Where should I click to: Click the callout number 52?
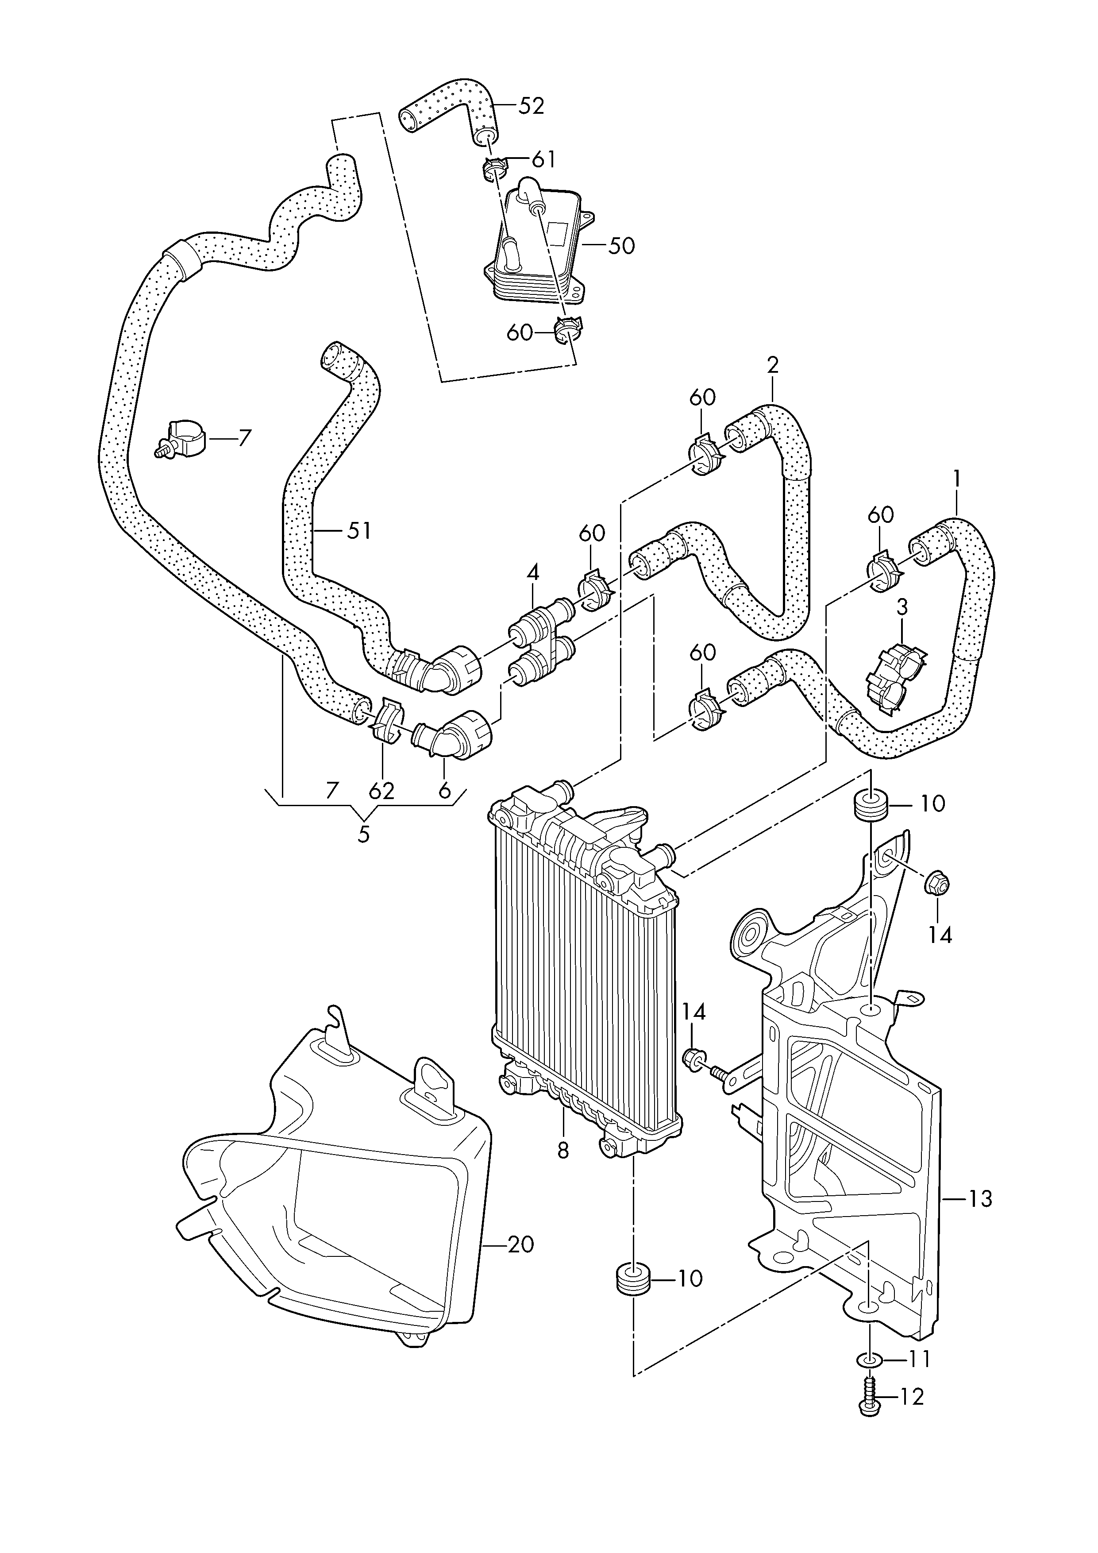pyautogui.click(x=532, y=106)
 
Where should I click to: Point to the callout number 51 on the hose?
pyautogui.click(x=359, y=531)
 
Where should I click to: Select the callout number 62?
pyautogui.click(x=381, y=792)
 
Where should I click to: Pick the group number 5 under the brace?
pyautogui.click(x=364, y=834)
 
